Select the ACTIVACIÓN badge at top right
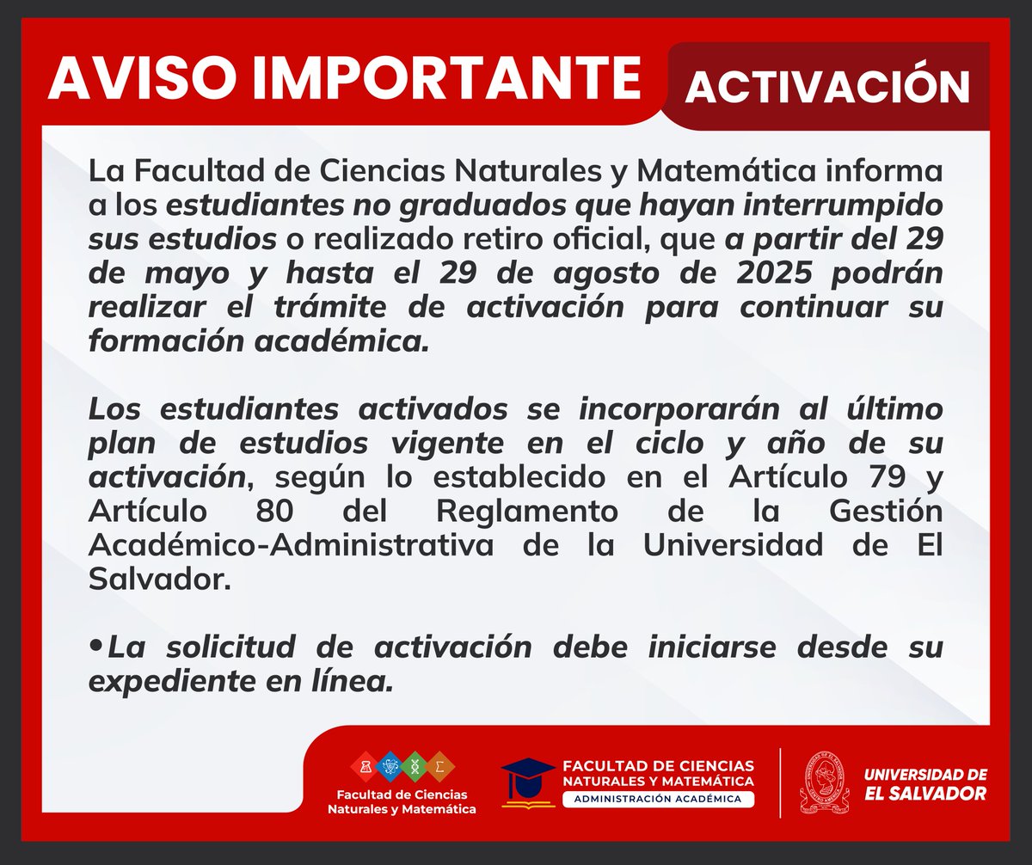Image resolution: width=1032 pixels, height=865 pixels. click(x=827, y=85)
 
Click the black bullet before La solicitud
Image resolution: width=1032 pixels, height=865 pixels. click(x=96, y=645)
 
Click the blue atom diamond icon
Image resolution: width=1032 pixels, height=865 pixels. click(x=390, y=764)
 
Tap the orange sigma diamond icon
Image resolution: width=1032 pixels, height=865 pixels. click(x=440, y=764)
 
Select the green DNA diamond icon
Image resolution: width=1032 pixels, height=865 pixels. click(x=415, y=764)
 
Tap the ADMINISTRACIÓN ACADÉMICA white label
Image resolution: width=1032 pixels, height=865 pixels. click(x=659, y=799)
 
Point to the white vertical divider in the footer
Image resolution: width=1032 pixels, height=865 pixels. click(x=779, y=782)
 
